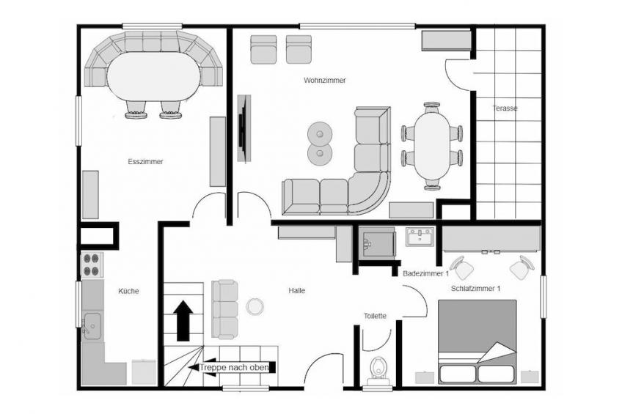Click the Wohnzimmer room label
point(324,81)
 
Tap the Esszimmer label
point(145,162)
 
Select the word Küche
point(128,291)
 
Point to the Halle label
point(297,291)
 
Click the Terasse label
point(505,108)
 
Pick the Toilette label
point(375,316)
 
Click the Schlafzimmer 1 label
point(475,289)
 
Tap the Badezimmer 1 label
point(425,274)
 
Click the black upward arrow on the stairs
point(183,320)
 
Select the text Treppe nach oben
point(234,368)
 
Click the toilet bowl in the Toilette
point(378,368)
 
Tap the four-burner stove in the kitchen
point(92,265)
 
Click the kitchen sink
point(92,326)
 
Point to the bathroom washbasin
point(420,237)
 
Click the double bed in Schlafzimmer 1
point(478,342)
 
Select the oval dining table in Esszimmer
point(153,76)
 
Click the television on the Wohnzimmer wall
point(244,128)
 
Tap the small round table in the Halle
point(255,306)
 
